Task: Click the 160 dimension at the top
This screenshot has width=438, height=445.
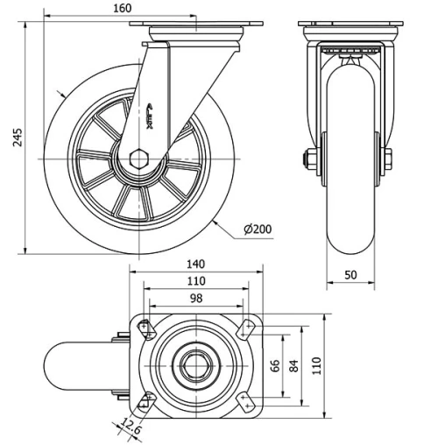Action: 122,8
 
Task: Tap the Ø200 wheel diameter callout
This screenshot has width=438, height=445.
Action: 258,229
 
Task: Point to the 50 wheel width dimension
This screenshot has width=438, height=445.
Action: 350,274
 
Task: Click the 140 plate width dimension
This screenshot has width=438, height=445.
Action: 195,264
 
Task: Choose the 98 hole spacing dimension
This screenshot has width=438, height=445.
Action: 195,299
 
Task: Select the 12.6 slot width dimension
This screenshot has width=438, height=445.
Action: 129,428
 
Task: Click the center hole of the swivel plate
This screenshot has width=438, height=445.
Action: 195,365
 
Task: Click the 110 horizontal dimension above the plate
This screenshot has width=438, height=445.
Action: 195,281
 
